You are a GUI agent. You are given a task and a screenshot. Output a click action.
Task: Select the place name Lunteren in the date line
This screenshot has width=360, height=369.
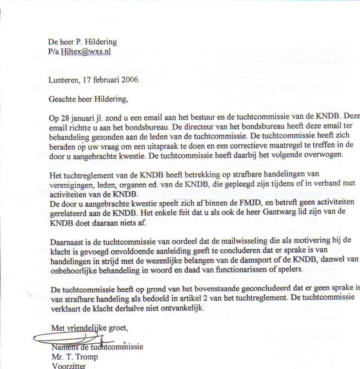pos(63,80)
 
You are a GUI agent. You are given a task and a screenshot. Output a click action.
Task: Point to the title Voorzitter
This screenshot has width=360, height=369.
pos(68,366)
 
